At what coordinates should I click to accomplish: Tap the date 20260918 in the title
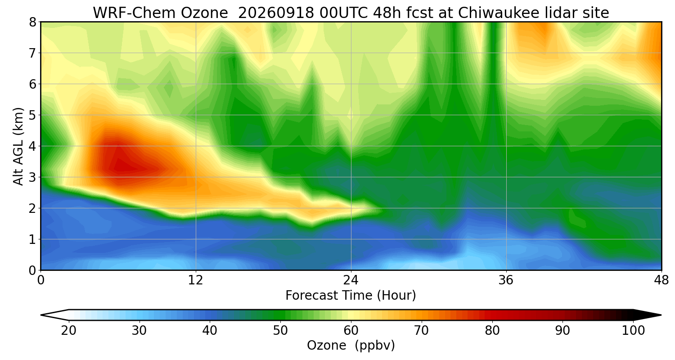(276, 13)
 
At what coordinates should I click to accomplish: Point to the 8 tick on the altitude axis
(33, 22)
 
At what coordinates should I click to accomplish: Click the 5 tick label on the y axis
(33, 115)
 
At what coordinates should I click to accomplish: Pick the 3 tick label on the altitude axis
(33, 177)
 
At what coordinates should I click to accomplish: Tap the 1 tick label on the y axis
(33, 239)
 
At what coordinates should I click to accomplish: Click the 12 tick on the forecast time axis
(196, 281)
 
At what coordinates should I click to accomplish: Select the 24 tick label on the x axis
(351, 281)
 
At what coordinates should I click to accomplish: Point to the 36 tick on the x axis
(506, 281)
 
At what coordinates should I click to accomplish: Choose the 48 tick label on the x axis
(661, 281)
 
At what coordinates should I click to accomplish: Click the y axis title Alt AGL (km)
(18, 146)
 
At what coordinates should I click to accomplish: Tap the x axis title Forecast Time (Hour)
(351, 296)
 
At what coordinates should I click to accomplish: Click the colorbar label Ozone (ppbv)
(351, 346)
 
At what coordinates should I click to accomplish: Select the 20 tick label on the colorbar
(68, 331)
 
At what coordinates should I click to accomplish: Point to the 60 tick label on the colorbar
(351, 331)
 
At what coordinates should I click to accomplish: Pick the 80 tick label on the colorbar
(492, 331)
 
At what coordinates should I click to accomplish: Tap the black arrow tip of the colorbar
(661, 315)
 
